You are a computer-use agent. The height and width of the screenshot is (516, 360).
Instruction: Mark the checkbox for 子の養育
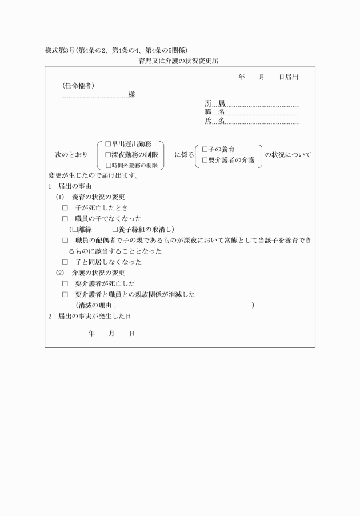205,149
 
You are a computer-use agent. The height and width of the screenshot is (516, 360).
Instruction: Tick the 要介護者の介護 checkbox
205,160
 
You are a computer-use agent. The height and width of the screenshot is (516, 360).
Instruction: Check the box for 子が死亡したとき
65,207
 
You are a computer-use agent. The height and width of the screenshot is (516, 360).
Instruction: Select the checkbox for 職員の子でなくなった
65,218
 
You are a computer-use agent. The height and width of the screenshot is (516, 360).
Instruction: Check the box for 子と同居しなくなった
65,262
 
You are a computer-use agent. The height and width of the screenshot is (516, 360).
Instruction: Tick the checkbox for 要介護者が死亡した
65,283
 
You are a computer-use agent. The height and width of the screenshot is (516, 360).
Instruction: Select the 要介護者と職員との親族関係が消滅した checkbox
65,294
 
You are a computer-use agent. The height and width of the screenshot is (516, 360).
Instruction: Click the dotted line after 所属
262,105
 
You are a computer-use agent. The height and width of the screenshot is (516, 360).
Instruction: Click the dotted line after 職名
262,114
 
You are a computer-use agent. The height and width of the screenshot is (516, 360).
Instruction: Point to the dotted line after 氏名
262,123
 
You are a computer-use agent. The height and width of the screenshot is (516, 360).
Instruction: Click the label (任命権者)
78,86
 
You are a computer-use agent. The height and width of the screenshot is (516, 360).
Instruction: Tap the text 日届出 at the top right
288,77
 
